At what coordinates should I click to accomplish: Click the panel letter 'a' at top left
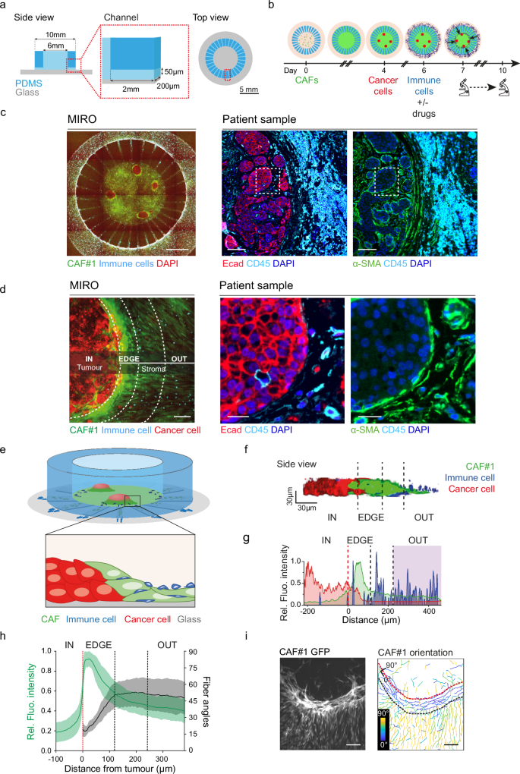(x=5, y=5)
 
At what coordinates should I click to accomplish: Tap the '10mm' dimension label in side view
(x=49, y=36)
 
